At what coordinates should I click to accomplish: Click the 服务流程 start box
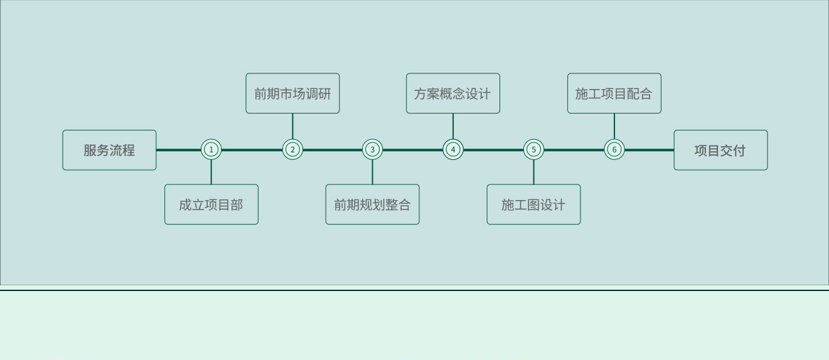pos(109,150)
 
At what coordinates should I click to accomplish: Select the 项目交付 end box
pos(720,150)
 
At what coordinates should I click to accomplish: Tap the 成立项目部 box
pos(211,204)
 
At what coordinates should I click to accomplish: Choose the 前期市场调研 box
pos(292,93)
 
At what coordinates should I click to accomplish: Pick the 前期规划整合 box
pos(372,204)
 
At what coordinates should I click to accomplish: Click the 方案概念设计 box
pos(453,93)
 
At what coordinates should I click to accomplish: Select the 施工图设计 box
pos(533,204)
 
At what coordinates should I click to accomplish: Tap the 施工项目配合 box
pos(614,93)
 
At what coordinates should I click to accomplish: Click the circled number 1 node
pos(211,149)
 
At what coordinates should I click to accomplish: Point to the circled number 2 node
pos(292,149)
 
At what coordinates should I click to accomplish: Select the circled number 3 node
pos(372,149)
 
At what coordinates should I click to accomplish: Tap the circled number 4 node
pos(453,149)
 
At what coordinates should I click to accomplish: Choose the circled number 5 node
pos(533,149)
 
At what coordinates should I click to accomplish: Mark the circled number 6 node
pos(614,149)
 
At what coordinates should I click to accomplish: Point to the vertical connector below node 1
pos(211,172)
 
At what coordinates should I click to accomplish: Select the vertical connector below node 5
pos(533,172)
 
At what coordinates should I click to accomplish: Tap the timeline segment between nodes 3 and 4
pos(412,150)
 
